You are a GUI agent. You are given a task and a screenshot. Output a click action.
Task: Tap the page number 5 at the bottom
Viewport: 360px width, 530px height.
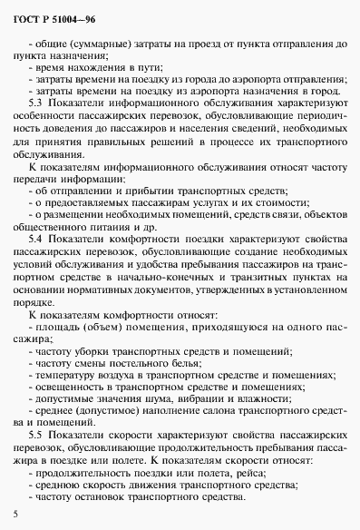tap(16, 515)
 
